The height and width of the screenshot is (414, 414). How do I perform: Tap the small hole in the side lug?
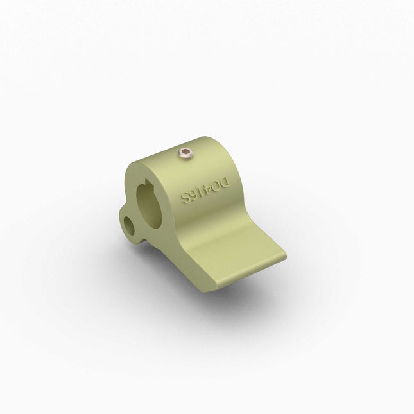[x=131, y=225]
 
